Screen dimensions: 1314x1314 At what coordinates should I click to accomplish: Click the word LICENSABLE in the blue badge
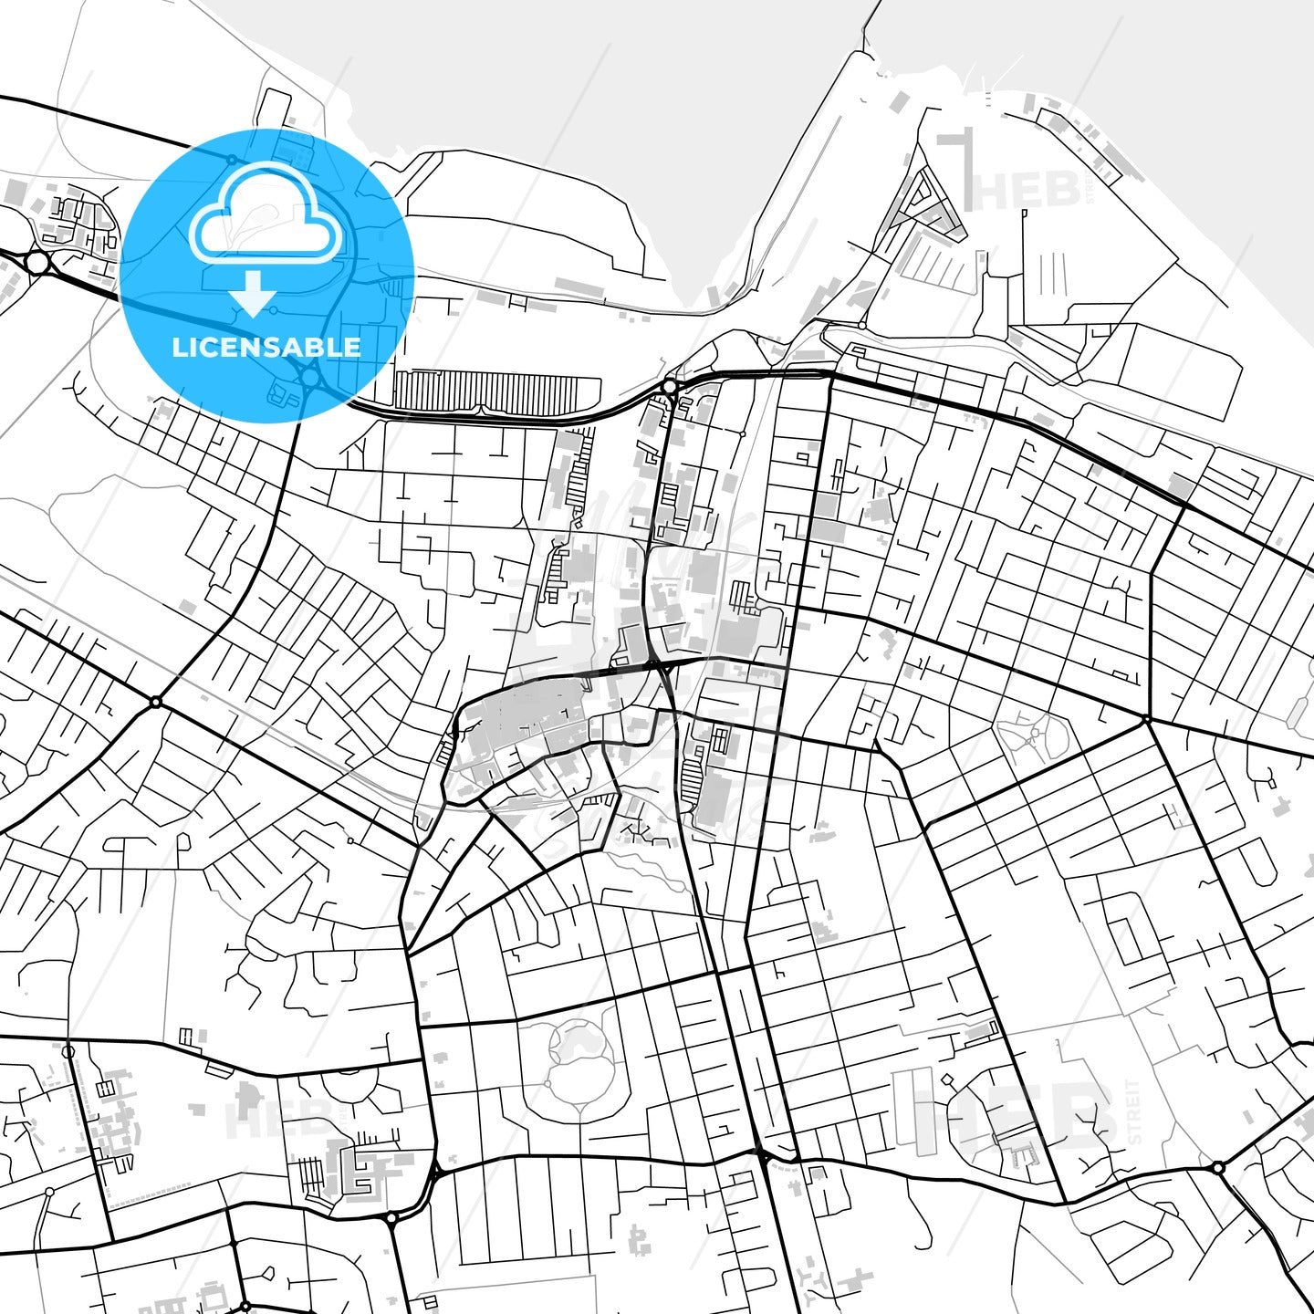(x=266, y=347)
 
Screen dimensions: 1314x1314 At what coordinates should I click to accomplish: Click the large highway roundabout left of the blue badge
(x=37, y=263)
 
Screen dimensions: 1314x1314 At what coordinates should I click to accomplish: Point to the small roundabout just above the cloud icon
(x=233, y=159)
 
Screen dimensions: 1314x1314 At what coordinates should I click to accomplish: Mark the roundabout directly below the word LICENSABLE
(x=310, y=375)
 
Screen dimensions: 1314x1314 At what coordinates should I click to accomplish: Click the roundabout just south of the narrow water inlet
(x=671, y=387)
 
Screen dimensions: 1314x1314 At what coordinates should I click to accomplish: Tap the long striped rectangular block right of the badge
(x=486, y=391)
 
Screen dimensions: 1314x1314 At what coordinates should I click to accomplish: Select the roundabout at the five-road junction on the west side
(x=156, y=702)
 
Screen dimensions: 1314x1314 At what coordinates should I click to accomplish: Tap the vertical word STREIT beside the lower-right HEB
(x=1134, y=1111)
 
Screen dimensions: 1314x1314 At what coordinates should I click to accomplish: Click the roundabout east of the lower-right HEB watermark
(x=1217, y=1167)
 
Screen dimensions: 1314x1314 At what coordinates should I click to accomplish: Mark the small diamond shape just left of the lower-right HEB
(x=946, y=1079)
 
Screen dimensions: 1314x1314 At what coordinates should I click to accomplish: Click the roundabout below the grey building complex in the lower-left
(x=391, y=1217)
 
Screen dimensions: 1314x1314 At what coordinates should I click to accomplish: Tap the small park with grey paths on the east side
(x=1036, y=735)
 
